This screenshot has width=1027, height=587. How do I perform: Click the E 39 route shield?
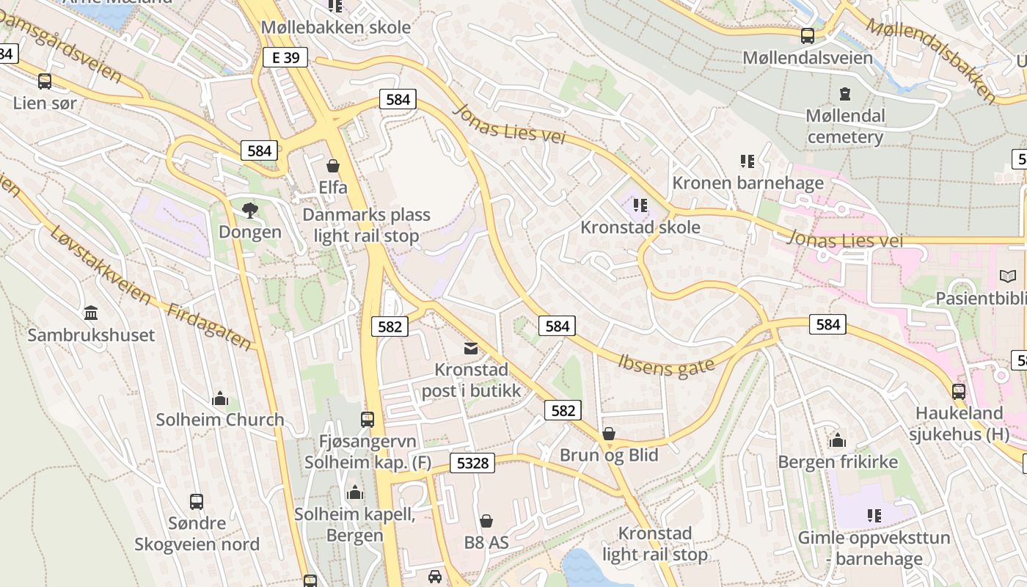(x=285, y=57)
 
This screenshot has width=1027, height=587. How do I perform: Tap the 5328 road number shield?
(x=472, y=462)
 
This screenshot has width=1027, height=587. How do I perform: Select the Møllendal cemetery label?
(x=845, y=126)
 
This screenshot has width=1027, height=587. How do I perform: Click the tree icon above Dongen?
(x=250, y=211)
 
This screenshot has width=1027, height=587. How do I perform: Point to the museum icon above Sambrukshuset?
(x=91, y=313)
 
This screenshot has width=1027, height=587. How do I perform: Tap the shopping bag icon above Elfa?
(x=333, y=166)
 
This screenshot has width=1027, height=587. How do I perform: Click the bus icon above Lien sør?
(x=45, y=81)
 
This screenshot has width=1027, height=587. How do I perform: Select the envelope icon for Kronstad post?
(x=471, y=348)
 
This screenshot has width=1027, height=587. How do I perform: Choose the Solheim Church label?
(x=219, y=420)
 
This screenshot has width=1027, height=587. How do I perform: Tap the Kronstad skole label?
(x=640, y=227)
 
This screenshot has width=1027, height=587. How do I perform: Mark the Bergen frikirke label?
(x=838, y=462)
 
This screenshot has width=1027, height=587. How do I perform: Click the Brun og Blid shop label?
(x=609, y=455)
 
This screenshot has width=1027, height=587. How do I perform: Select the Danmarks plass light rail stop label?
(x=366, y=225)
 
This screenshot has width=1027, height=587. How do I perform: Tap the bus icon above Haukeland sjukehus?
(x=959, y=391)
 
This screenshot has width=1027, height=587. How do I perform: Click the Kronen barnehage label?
(x=748, y=183)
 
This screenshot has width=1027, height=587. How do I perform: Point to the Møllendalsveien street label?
(x=808, y=57)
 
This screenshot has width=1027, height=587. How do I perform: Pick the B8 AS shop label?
(x=486, y=543)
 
